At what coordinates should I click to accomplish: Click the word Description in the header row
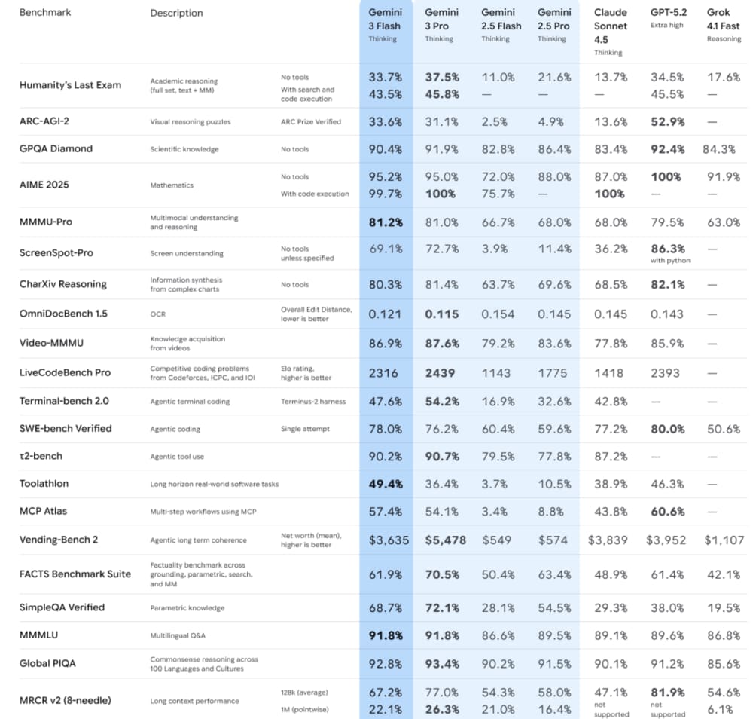[x=176, y=13]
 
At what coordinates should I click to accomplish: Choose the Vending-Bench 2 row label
[x=59, y=539]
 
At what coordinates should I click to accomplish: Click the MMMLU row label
[x=40, y=635]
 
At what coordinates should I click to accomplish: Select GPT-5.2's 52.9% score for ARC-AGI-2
[x=667, y=121]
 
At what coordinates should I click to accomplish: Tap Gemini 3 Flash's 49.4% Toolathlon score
[x=385, y=484]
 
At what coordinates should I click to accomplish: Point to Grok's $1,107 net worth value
[x=724, y=540]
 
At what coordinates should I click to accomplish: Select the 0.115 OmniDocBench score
[x=441, y=314]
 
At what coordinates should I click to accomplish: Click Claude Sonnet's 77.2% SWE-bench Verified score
[x=610, y=428]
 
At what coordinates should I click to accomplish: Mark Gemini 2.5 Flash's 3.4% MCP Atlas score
[x=498, y=511]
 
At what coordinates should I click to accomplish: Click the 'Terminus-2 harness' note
[x=312, y=401]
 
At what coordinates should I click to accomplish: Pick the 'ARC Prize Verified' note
[x=310, y=121]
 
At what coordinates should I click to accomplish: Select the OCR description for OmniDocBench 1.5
[x=157, y=314]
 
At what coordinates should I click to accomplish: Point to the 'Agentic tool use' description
[x=177, y=456]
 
